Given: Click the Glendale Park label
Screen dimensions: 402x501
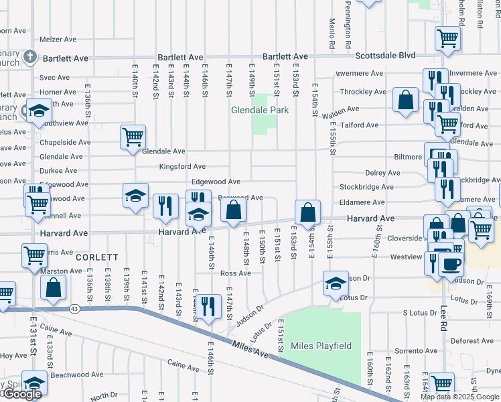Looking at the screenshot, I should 260,110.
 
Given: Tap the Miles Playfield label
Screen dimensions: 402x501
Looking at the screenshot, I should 321,346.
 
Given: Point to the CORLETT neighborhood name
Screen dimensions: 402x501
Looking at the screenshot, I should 96,257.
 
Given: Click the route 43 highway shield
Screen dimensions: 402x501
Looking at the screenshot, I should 74,309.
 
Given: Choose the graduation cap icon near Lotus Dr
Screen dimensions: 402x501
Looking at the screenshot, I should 335,282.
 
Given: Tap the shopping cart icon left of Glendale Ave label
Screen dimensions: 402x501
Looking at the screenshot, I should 133,137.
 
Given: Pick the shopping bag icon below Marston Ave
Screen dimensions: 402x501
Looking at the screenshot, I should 54,287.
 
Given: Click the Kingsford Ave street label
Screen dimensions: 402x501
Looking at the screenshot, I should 182,166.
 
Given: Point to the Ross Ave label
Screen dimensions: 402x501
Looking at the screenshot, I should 235,273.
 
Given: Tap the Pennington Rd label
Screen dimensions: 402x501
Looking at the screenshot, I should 348,28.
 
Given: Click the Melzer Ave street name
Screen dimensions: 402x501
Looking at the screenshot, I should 58,40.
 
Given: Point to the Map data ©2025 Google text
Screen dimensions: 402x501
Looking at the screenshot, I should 459,397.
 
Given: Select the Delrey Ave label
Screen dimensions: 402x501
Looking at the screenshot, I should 383,173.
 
